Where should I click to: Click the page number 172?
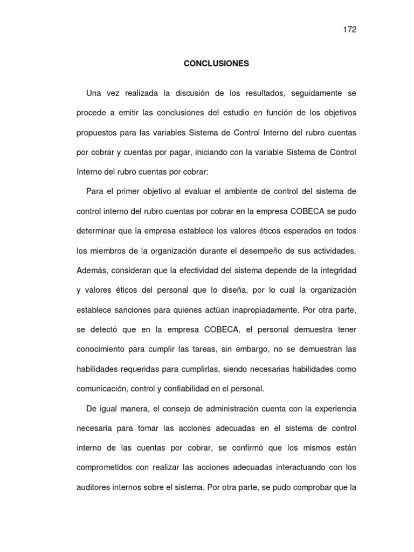(350, 29)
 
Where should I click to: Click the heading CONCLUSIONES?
(216, 64)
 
